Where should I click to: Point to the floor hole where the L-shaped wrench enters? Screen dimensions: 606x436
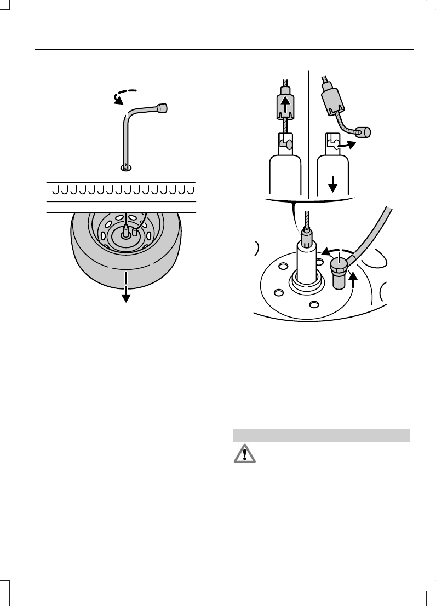(x=126, y=167)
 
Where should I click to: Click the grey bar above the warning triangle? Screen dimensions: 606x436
(x=322, y=435)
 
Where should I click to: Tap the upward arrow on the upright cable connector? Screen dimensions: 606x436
(x=285, y=104)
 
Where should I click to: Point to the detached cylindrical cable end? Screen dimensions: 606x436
(x=362, y=132)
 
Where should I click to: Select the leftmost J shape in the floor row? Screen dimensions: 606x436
(x=55, y=190)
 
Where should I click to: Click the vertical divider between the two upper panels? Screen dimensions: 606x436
(x=309, y=131)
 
